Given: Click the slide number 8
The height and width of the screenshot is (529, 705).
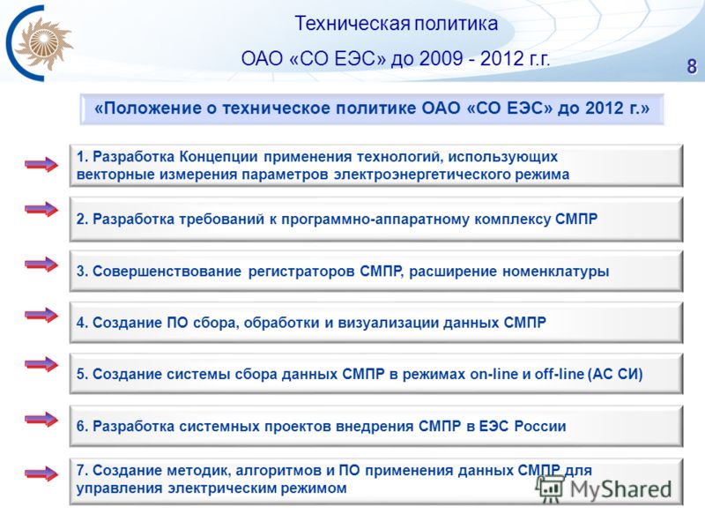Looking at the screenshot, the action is coord(692,66).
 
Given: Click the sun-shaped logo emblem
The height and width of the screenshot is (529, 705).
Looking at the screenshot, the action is coord(43,43).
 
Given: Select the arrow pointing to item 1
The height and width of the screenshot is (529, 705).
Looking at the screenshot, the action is coord(41,165).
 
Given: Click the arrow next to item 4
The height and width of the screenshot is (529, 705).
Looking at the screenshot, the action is coord(41,315).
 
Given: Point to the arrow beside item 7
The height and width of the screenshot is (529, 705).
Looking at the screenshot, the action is coord(41,473).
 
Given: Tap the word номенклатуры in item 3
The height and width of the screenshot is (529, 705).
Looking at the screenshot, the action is coord(555,272).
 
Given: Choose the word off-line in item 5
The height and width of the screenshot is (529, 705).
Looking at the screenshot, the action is coord(559,374).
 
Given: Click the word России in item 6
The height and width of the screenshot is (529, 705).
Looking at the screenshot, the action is coord(540,426).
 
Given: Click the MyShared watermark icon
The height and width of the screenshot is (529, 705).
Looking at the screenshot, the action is coord(550,488).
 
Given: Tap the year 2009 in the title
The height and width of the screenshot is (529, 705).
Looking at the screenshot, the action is coord(442,59).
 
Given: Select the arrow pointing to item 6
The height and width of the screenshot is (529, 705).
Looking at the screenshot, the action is coord(41,420).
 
